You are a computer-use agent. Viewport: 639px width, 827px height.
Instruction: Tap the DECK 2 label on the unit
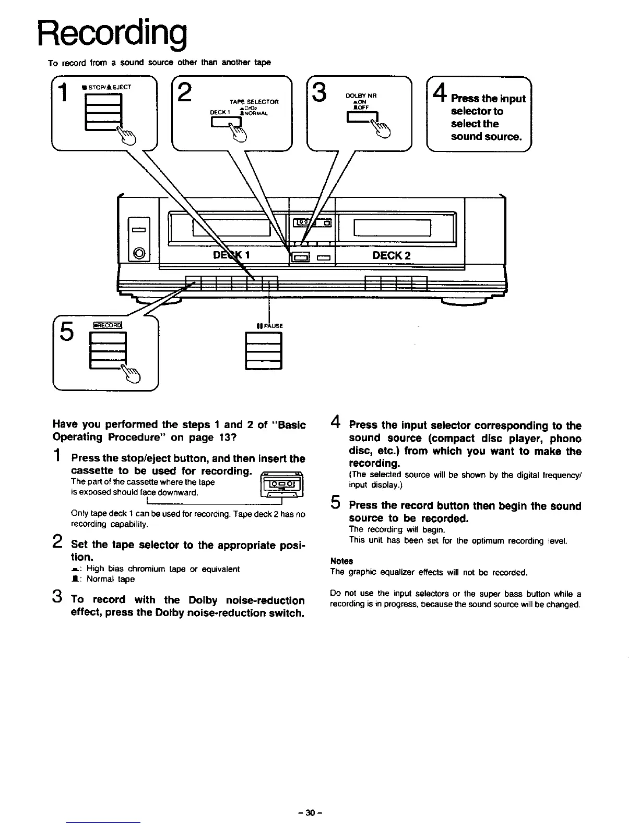click(x=391, y=255)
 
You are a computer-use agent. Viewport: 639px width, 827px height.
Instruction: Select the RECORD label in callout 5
click(x=107, y=325)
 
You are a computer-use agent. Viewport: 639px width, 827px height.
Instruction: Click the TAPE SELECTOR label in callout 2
click(x=254, y=101)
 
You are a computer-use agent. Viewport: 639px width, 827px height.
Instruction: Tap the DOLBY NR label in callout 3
click(x=361, y=96)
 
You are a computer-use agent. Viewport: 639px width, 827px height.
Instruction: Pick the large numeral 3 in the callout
click(x=319, y=92)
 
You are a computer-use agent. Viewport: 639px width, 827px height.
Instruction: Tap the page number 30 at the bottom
click(x=311, y=813)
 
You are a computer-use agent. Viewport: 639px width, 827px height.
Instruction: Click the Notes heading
click(x=341, y=561)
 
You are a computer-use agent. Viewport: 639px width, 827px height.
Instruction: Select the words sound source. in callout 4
click(x=486, y=137)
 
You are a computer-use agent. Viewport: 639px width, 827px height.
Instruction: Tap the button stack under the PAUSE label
click(x=263, y=351)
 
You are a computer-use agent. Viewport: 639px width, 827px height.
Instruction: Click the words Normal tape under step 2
click(x=111, y=579)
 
